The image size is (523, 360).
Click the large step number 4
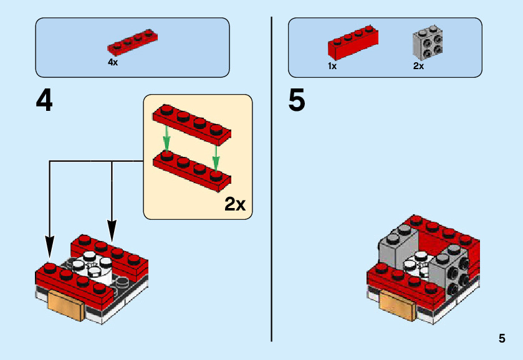[x=44, y=101]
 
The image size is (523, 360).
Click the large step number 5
[x=297, y=100]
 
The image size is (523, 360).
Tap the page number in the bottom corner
[x=502, y=338]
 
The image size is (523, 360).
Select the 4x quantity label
[x=113, y=62]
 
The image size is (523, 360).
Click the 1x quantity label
[x=332, y=66]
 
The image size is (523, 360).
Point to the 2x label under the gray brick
[x=418, y=66]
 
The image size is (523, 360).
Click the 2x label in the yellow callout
[x=235, y=204]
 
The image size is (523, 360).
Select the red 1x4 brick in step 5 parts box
[x=353, y=42]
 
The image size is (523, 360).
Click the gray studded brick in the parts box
[x=428, y=41]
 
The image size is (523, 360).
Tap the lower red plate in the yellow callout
[x=192, y=171]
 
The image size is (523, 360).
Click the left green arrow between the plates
[x=167, y=140]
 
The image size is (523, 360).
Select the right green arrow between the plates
[x=216, y=159]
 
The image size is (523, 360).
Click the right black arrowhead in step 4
[x=112, y=230]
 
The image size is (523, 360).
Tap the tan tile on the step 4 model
[x=65, y=305]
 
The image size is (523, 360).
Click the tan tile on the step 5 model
[x=397, y=305]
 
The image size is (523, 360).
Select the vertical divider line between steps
[x=272, y=179]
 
